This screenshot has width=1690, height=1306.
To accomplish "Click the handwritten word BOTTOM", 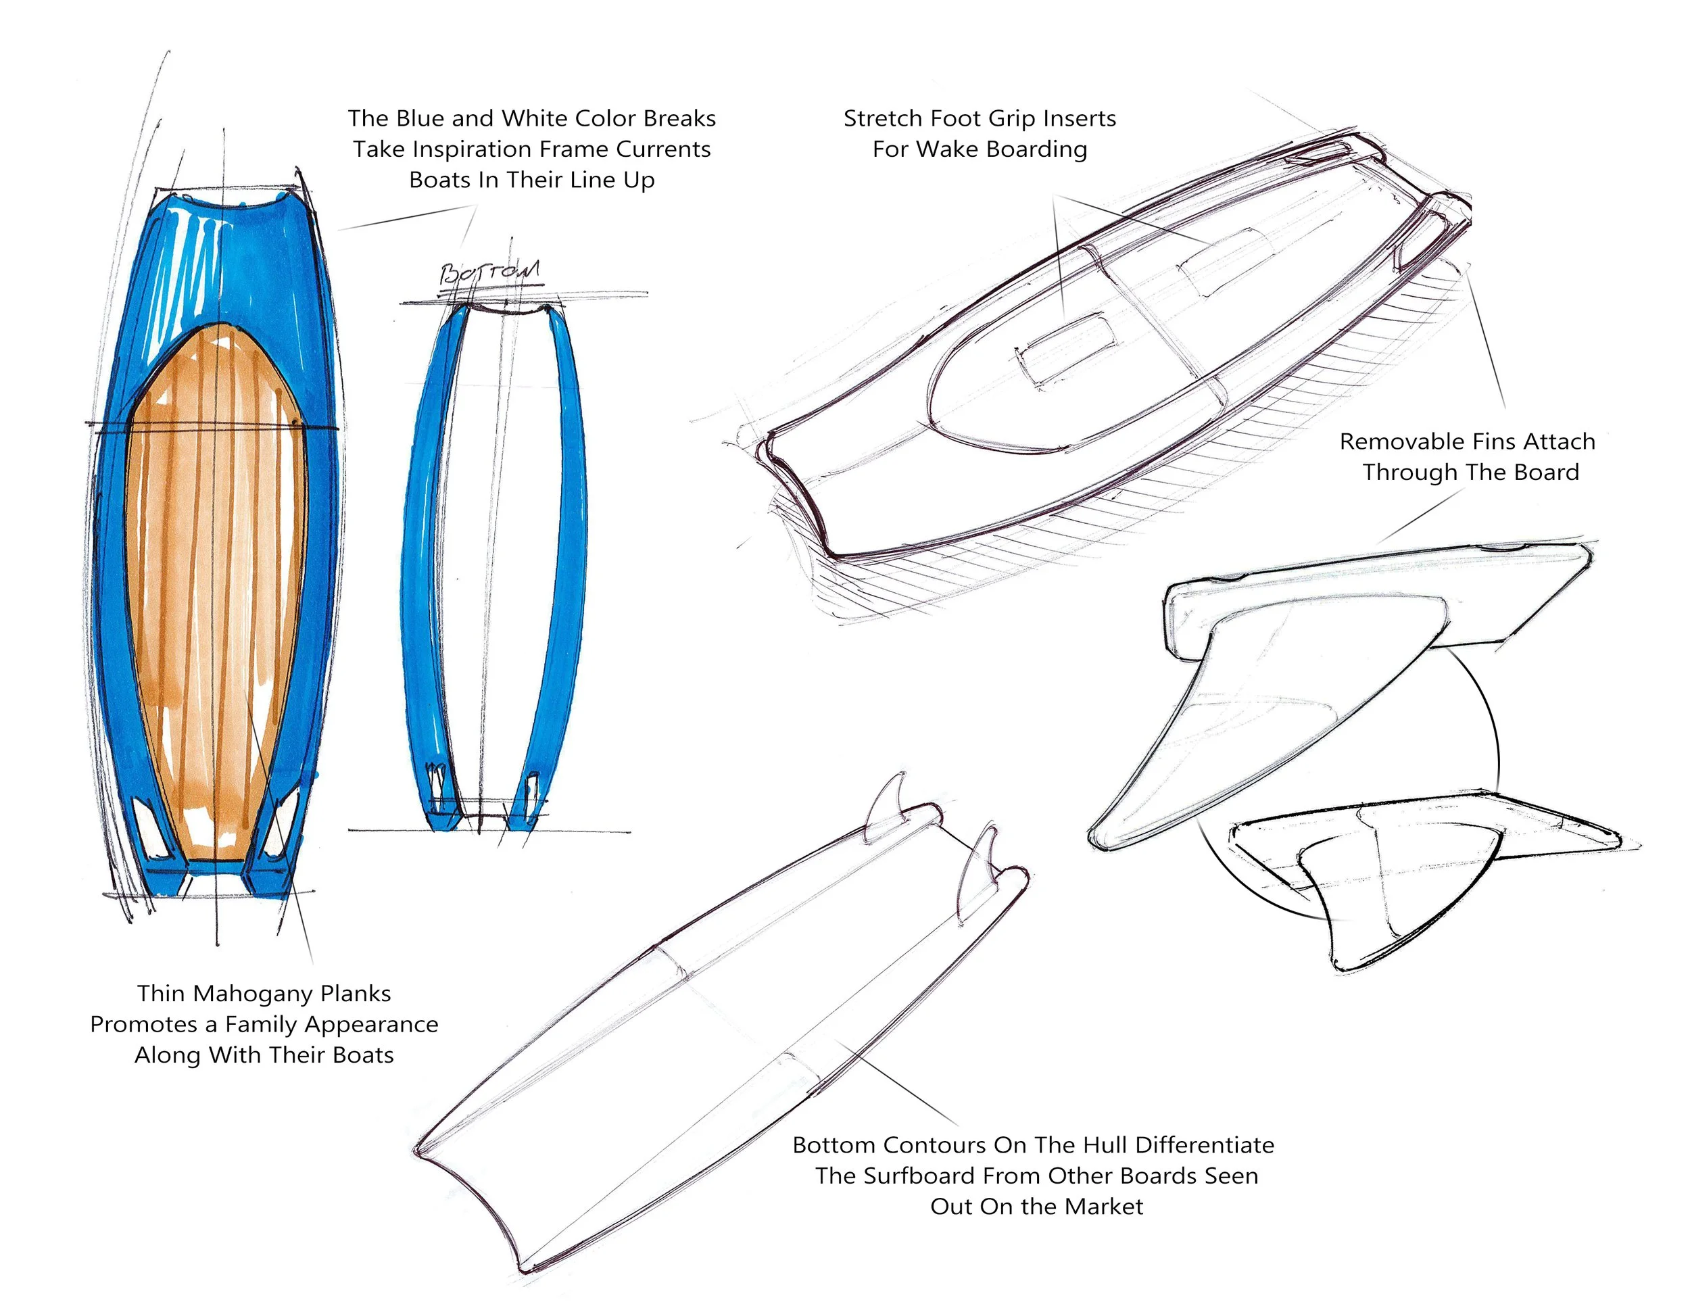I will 489,272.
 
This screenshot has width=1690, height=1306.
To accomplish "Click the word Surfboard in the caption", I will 916,1176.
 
